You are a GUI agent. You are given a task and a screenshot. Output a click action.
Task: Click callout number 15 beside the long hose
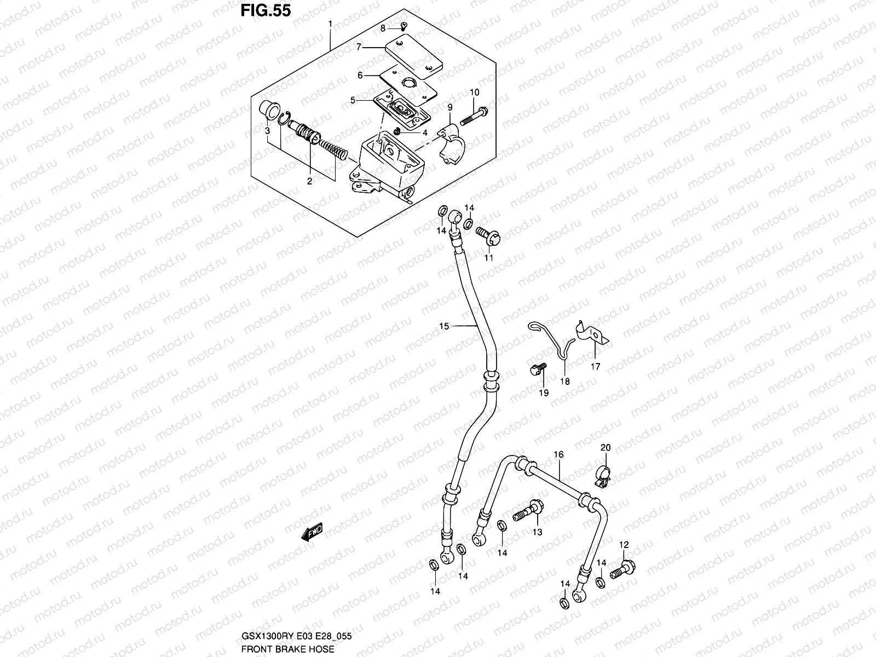point(443,326)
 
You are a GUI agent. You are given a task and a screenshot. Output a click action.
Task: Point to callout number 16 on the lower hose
point(558,454)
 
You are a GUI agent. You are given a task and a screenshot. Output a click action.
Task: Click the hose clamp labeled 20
point(603,475)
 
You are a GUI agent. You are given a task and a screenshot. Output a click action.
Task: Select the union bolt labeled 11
point(488,237)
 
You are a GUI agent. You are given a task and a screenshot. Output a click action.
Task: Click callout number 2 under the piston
point(309,181)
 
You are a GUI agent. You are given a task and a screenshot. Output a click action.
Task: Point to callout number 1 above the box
point(330,24)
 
